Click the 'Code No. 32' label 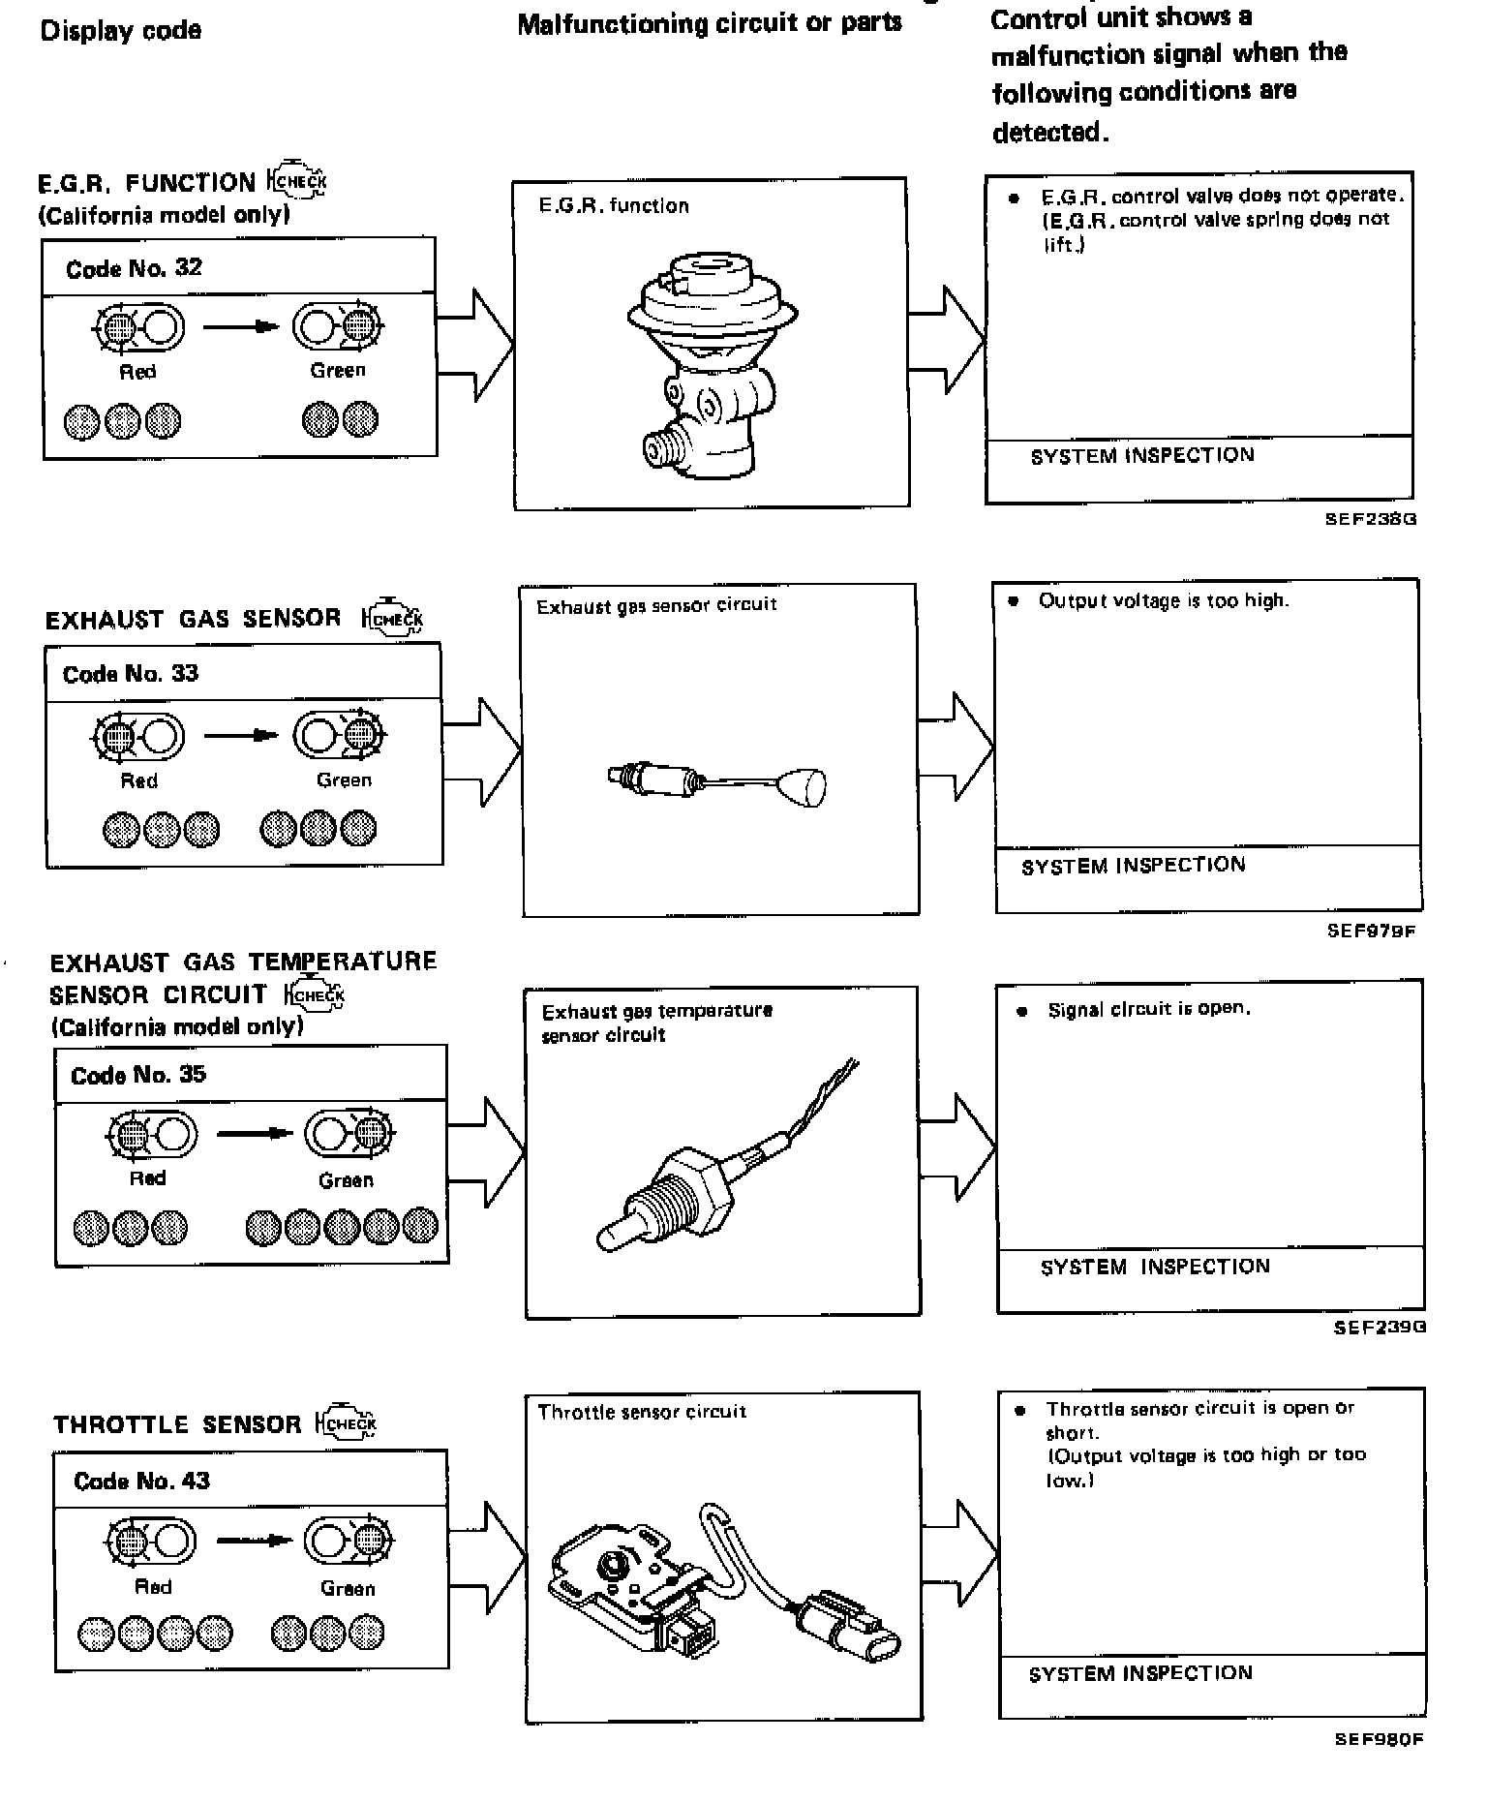(134, 268)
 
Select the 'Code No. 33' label (131, 674)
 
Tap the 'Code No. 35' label (138, 1075)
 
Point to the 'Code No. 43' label (141, 1481)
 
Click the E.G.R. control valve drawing (710, 363)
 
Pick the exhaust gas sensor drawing (717, 782)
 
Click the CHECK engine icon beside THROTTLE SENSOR (346, 1423)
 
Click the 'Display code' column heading (121, 31)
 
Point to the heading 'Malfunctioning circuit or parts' (710, 24)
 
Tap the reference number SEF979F (1372, 931)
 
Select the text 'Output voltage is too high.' (1164, 601)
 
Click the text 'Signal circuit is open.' (1149, 1009)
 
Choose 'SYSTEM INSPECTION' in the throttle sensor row (1140, 1673)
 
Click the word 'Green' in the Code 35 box (346, 1180)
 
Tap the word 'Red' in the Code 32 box (137, 372)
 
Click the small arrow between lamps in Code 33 (241, 736)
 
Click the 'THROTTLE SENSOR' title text (177, 1424)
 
